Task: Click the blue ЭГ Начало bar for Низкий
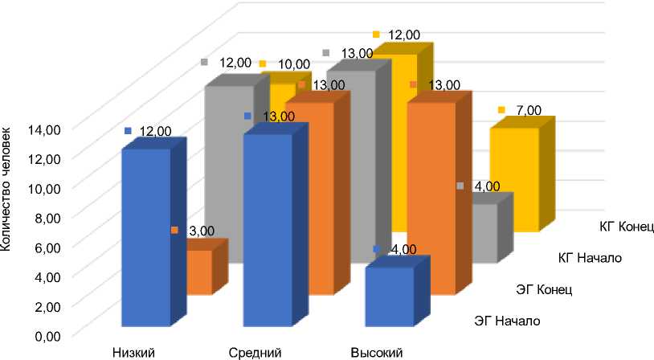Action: [146, 237]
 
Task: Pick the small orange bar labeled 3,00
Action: [200, 272]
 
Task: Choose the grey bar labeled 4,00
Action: [484, 233]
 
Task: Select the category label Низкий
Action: [133, 352]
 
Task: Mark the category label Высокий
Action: [376, 352]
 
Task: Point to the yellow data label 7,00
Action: [523, 109]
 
